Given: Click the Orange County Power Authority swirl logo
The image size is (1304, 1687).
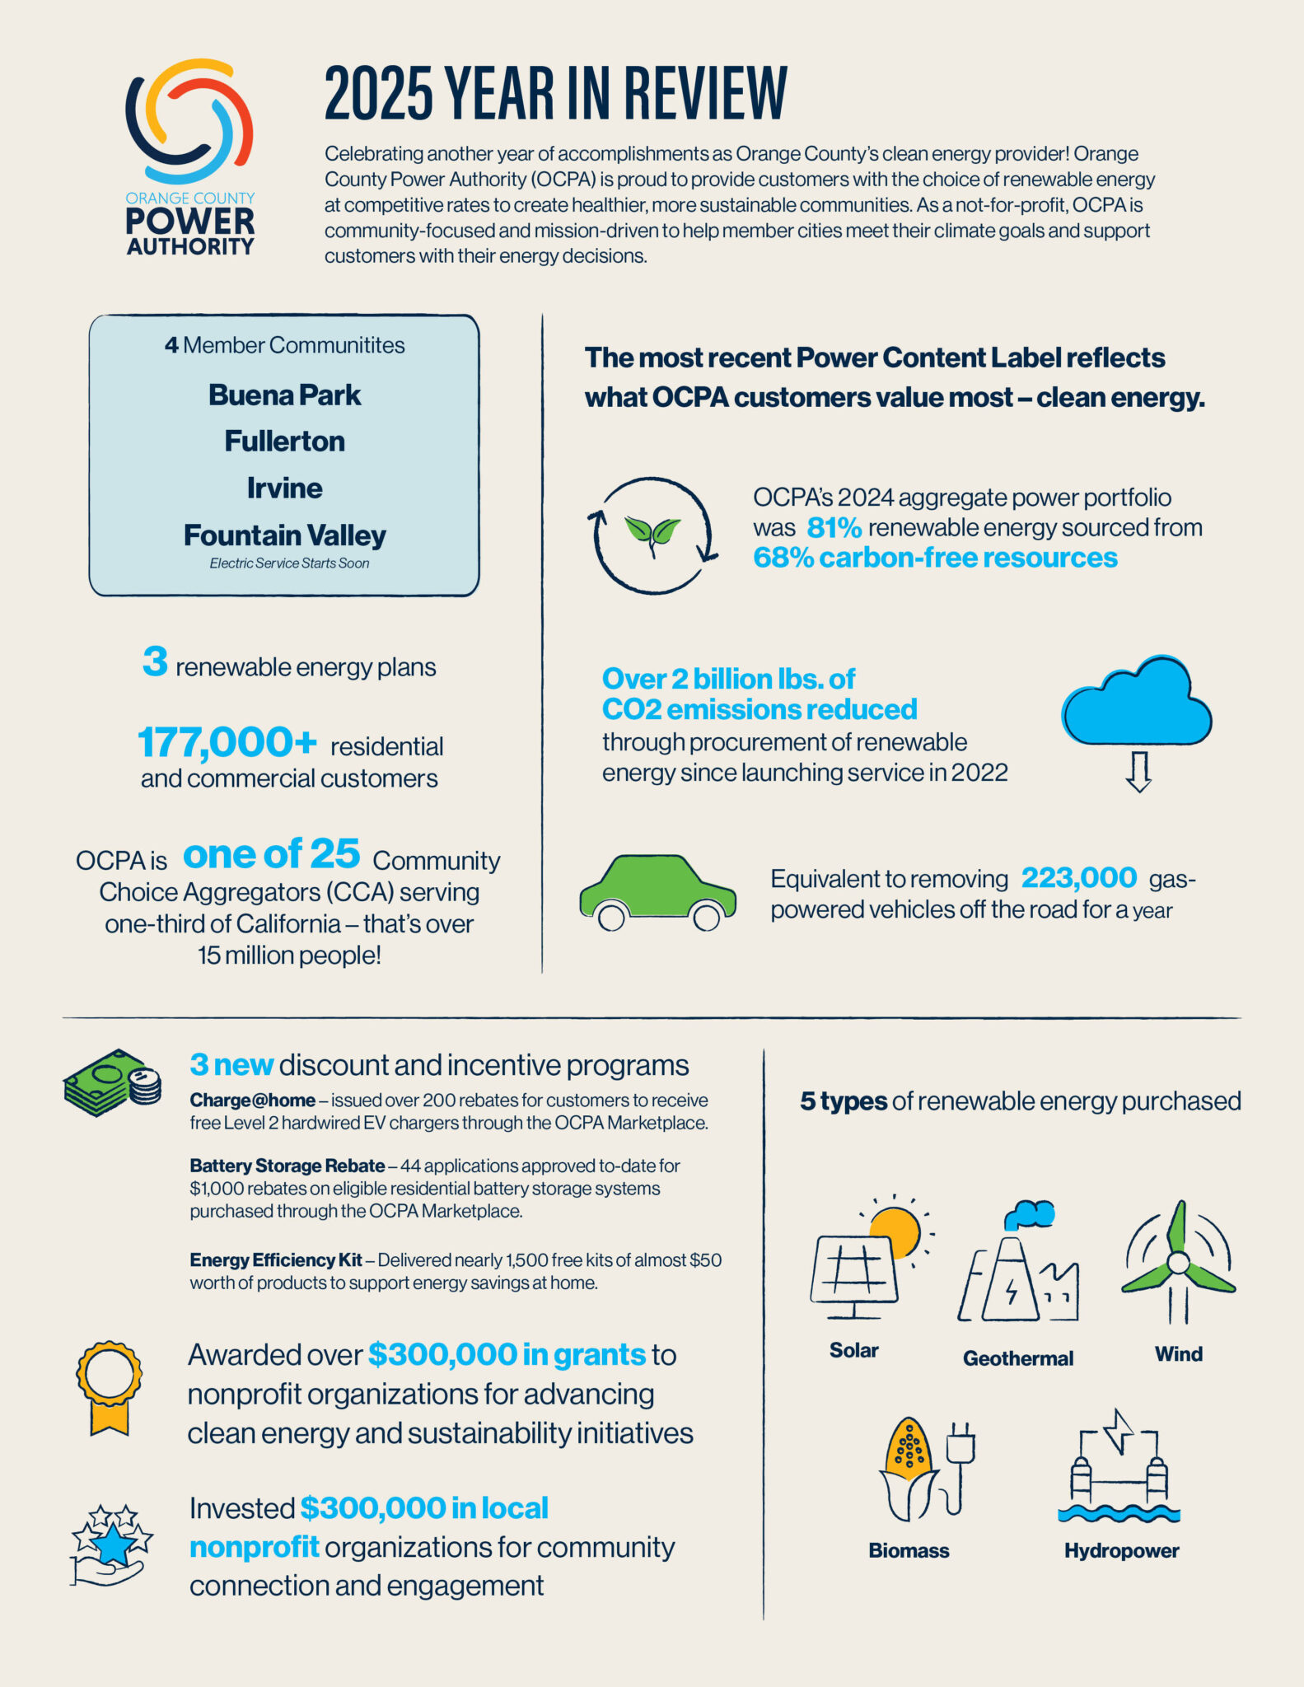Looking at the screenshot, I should pos(189,121).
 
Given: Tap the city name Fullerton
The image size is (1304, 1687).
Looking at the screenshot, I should pos(284,442).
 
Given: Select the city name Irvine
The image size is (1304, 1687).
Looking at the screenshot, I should pos(284,488).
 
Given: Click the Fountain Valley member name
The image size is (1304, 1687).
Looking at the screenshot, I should pos(284,535).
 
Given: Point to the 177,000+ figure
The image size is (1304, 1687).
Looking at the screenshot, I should pos(227,742).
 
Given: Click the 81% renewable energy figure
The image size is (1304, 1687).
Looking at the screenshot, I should pos(834,527).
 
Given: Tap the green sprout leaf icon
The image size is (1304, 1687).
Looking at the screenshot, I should pos(652,532).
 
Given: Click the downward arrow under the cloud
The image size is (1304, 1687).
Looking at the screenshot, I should pos(1138,772).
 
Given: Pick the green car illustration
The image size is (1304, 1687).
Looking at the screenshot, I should pos(657,892).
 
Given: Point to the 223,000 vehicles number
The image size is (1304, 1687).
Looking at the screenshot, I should pos(1079,878).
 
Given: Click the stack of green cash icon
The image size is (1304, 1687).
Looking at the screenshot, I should pos(111,1083).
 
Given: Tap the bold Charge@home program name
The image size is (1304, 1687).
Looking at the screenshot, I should pos(252,1101).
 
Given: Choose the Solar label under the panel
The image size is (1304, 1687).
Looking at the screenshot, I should pos(853,1350).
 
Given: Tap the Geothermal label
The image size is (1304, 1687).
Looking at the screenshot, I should pos(1018,1358).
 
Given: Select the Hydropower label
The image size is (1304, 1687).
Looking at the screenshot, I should pos(1121,1550).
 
